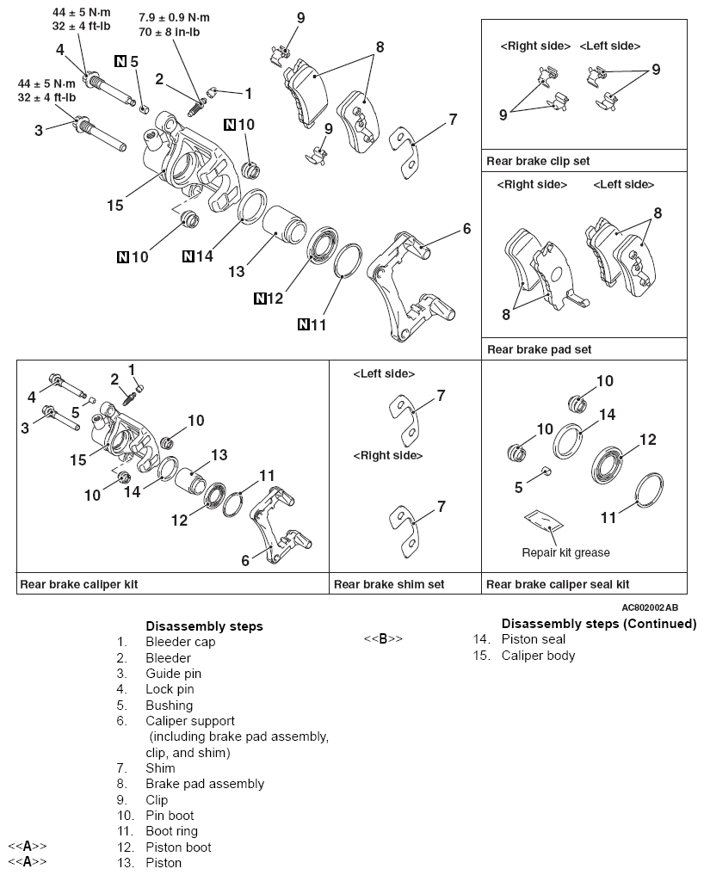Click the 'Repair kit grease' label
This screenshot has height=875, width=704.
coord(565,552)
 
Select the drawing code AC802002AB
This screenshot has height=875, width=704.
coord(654,607)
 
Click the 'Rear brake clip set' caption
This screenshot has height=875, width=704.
coord(538,161)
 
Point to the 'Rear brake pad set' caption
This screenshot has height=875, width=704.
coord(539,349)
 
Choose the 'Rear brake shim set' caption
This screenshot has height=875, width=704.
coord(389,584)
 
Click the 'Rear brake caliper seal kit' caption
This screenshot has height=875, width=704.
coord(558,584)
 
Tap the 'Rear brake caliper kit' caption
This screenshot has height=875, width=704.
coord(78,584)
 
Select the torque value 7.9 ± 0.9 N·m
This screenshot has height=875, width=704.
coord(174,17)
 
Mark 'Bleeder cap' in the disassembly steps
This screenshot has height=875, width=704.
coord(180,642)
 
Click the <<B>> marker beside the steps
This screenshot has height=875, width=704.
coord(383,639)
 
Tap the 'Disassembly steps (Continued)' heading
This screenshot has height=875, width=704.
coord(598,624)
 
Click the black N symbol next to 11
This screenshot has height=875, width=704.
coord(304,324)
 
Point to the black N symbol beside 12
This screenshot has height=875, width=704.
coord(261,299)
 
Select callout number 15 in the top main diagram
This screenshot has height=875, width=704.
coord(115,206)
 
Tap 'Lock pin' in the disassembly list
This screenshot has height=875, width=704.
coord(170,689)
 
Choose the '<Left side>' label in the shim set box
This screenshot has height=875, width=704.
coord(384,374)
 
